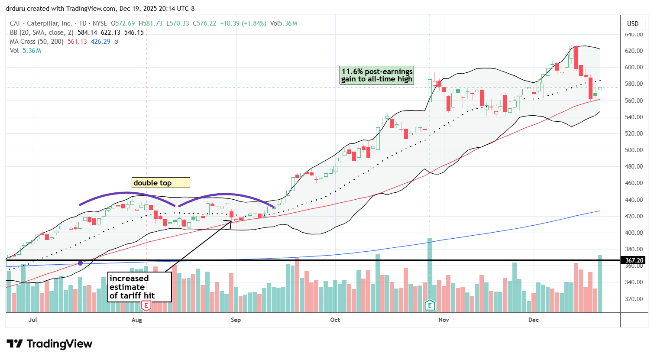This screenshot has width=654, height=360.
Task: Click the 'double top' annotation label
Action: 161,183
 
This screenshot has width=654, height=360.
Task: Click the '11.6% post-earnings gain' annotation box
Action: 377,75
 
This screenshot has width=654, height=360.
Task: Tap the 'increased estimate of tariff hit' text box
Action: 139,287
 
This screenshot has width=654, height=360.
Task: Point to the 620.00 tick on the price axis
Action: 634,51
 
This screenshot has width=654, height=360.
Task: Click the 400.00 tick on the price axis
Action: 634,233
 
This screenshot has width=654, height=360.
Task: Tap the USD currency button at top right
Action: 633,24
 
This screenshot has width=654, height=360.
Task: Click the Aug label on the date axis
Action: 136,320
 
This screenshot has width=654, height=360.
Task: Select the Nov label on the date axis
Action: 444,320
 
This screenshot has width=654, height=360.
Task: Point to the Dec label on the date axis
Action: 534,320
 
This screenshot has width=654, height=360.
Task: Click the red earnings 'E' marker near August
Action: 146,306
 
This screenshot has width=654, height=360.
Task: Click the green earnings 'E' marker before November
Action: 430,305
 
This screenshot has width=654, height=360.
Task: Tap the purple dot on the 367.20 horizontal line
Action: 80,263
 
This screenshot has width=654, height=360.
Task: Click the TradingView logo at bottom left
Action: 49,344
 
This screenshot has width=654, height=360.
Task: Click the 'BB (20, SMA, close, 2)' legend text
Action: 42,32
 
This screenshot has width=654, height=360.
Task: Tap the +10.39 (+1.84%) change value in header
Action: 243,23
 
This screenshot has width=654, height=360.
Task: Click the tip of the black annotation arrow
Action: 231,221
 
